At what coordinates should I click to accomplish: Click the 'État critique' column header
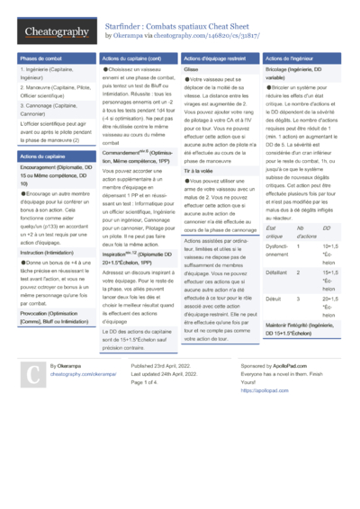point(274,234)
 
